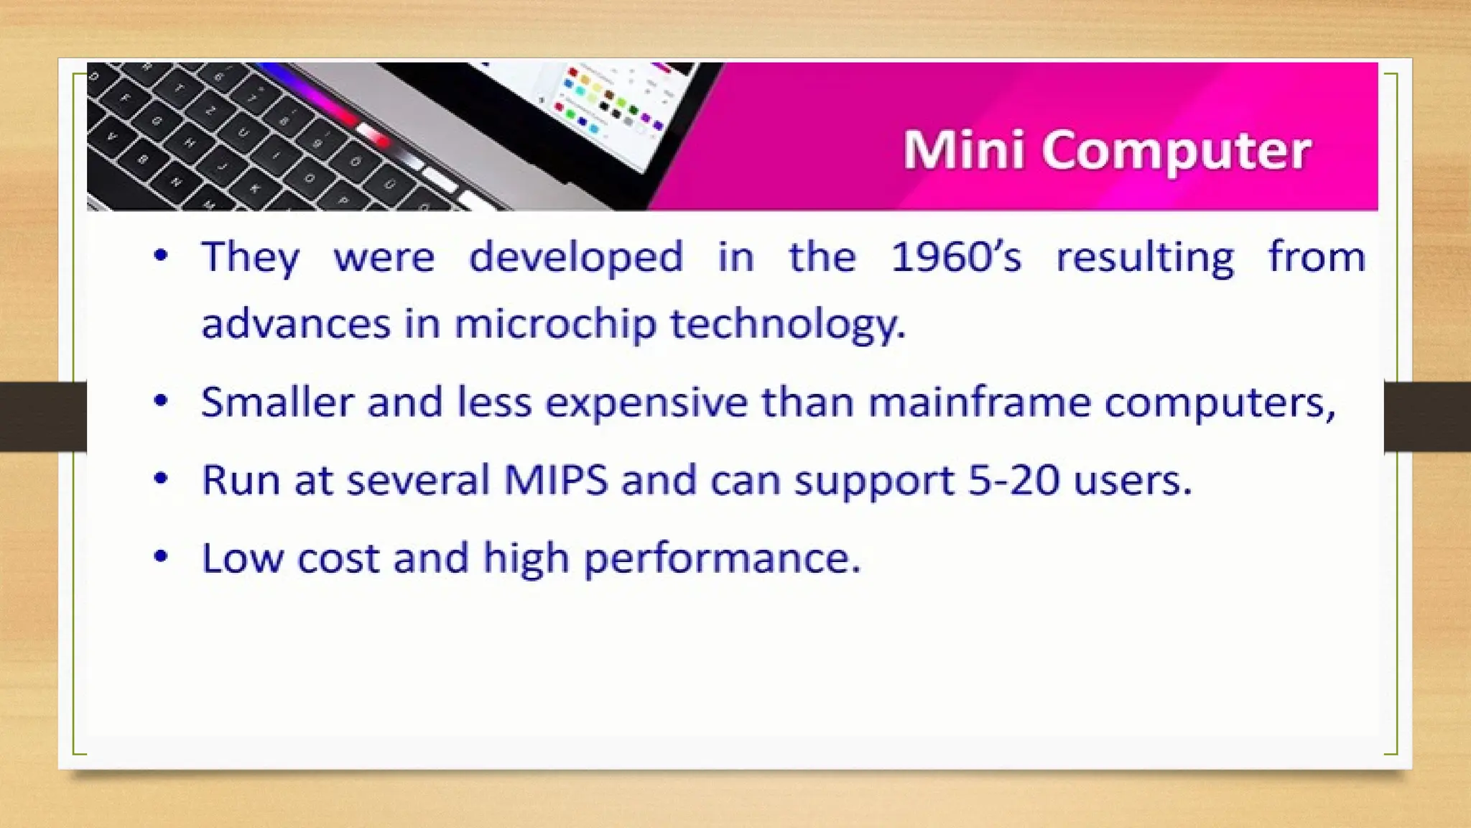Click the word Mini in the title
click(x=962, y=150)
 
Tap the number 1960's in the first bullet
click(x=955, y=257)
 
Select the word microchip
click(x=555, y=324)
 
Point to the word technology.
click(x=788, y=324)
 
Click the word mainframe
click(x=979, y=402)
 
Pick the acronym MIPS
click(x=555, y=479)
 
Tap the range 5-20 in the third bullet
click(x=1013, y=479)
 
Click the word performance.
click(x=721, y=558)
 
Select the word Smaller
click(x=277, y=402)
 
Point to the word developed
click(x=575, y=257)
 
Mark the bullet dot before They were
click(x=161, y=254)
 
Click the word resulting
click(x=1145, y=258)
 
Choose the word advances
click(x=295, y=324)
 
